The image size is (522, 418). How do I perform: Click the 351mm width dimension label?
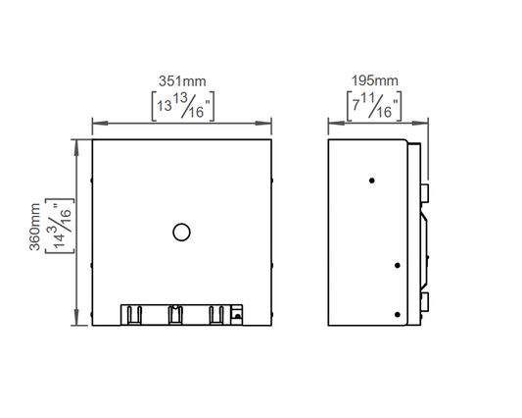click(182, 81)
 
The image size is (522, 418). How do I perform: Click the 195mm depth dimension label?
click(375, 80)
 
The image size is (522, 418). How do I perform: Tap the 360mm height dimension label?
click(35, 227)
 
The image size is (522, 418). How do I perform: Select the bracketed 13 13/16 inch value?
click(183, 106)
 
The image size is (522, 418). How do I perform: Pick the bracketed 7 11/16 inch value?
click(374, 106)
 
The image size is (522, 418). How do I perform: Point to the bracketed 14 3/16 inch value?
click(60, 226)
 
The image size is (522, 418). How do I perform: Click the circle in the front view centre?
click(181, 233)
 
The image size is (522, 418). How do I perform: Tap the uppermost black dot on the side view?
click(372, 181)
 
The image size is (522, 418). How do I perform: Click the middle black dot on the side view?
click(398, 266)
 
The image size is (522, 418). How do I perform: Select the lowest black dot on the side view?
click(398, 315)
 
